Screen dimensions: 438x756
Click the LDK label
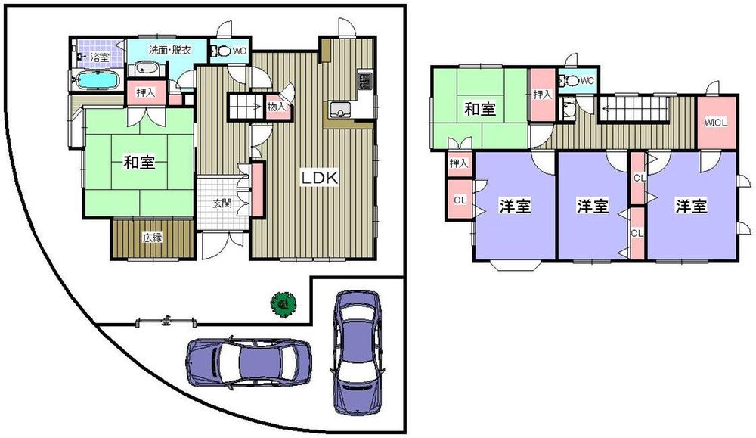pyautogui.click(x=319, y=179)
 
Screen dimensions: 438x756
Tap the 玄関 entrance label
pyautogui.click(x=222, y=203)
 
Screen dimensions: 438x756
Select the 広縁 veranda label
pyautogui.click(x=153, y=238)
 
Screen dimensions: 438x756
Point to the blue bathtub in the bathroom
pyautogui.click(x=94, y=80)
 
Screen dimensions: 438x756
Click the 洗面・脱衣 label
pyautogui.click(x=169, y=50)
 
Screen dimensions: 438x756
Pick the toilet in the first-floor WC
pyautogui.click(x=222, y=52)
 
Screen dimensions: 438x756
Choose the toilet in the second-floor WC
pyautogui.click(x=572, y=80)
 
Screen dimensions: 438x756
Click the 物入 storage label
pyautogui.click(x=277, y=107)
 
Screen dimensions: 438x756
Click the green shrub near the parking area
pyautogui.click(x=281, y=304)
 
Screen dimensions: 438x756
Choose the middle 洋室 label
pyautogui.click(x=593, y=206)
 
